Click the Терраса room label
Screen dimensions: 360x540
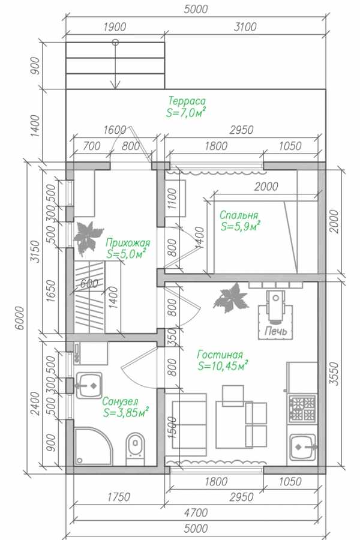point(187,101)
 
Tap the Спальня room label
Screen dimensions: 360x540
point(239,215)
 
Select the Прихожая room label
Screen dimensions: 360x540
point(128,242)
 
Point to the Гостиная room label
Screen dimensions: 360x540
point(220,355)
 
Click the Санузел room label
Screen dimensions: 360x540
point(120,401)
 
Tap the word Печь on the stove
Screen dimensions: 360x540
point(275,331)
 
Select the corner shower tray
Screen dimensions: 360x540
point(93,446)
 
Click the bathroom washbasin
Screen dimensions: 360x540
point(89,385)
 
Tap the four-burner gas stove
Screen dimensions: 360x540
point(302,409)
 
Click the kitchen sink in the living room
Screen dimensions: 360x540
point(302,447)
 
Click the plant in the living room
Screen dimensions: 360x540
point(231,298)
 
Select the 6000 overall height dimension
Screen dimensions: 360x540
point(20,317)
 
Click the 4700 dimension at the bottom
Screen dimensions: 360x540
point(196,513)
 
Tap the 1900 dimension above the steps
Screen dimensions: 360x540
point(115,27)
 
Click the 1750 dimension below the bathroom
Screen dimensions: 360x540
point(119,497)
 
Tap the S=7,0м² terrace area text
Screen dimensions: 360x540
point(186,112)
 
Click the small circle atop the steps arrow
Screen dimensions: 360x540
point(115,43)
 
